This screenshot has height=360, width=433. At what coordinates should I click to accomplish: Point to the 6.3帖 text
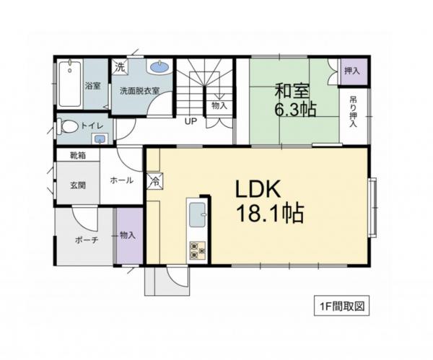coord(294,110)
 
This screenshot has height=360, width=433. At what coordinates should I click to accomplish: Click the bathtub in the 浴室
coord(70,85)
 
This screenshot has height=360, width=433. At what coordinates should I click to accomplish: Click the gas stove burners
coord(197,250)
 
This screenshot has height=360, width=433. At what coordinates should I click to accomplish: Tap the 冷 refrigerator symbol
coord(154,180)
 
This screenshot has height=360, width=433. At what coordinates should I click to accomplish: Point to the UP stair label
coord(191,121)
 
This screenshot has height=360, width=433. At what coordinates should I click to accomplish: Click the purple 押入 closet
coord(352,71)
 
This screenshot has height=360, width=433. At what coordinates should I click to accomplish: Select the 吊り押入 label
coord(354,111)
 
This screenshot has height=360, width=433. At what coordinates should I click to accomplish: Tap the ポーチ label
coord(86,240)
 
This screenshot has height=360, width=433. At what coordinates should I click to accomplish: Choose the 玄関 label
coord(78,185)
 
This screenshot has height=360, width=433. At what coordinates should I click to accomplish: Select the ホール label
coord(121,180)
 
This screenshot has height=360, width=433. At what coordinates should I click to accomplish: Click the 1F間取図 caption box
coord(342,305)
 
